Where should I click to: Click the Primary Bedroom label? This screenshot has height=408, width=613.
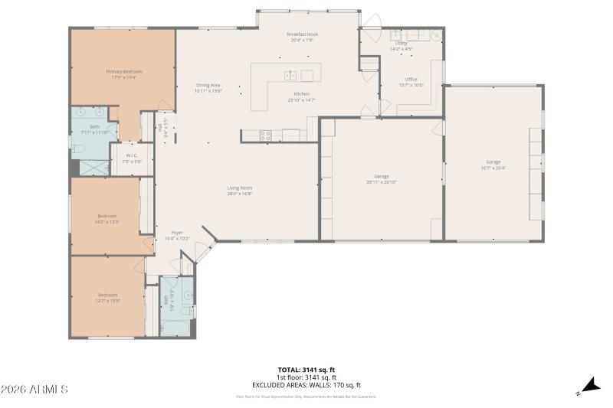pyautogui.click(x=124, y=71)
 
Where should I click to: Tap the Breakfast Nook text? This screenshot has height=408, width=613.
pyautogui.click(x=302, y=34)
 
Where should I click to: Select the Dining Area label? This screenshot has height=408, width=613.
pyautogui.click(x=208, y=85)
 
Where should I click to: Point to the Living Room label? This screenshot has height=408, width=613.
pyautogui.click(x=239, y=188)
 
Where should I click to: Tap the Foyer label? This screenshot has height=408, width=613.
pyautogui.click(x=177, y=233)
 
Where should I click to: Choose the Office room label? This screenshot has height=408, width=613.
pyautogui.click(x=411, y=79)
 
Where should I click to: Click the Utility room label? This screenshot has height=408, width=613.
pyautogui.click(x=402, y=44)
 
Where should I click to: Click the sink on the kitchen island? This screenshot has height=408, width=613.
pyautogui.click(x=291, y=75)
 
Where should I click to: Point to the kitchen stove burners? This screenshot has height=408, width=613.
pyautogui.click(x=266, y=135)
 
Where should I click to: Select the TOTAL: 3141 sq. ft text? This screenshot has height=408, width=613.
pyautogui.click(x=306, y=370)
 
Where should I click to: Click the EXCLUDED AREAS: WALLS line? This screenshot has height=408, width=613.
pyautogui.click(x=306, y=384)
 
